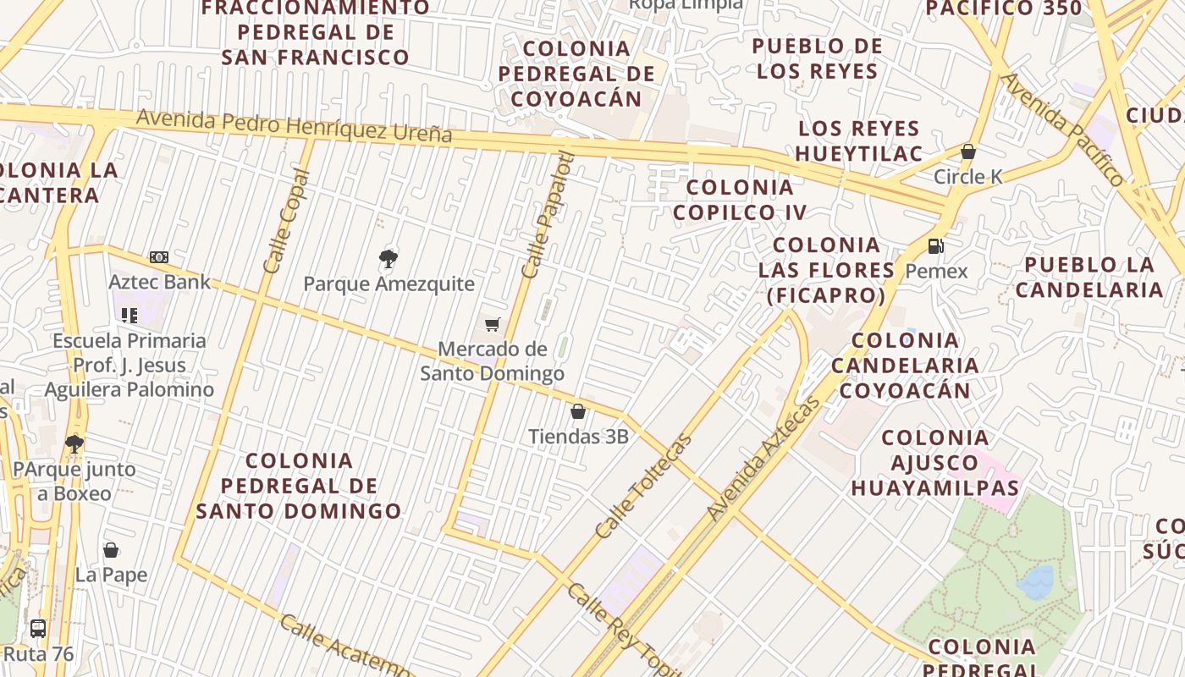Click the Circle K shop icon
(x=967, y=152)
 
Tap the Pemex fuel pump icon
(x=936, y=246)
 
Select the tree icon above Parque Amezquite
(x=389, y=259)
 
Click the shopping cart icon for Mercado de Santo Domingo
(x=493, y=324)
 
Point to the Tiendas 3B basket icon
(x=578, y=412)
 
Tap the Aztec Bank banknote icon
(x=159, y=257)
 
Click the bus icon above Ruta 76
(x=38, y=629)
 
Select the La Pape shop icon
(x=111, y=551)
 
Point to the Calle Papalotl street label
(x=548, y=215)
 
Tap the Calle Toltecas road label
(x=643, y=486)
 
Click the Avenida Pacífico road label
(x=1063, y=129)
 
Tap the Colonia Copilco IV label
(x=740, y=200)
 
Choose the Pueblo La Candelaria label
(x=1089, y=277)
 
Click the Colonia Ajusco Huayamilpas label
(x=935, y=463)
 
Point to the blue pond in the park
(x=1035, y=582)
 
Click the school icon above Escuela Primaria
(x=129, y=316)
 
